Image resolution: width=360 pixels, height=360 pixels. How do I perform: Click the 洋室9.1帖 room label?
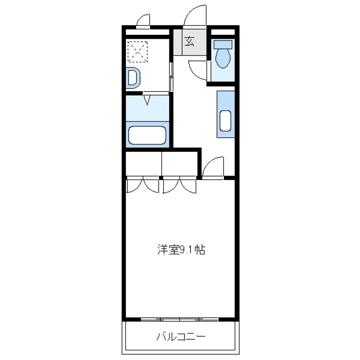pos(181,250)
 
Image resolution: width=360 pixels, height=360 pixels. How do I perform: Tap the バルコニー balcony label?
pos(181,337)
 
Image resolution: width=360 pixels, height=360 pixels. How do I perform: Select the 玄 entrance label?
pos(190,42)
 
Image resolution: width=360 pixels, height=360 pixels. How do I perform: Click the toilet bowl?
pos(223,58)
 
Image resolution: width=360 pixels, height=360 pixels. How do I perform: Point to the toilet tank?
pos(223,44)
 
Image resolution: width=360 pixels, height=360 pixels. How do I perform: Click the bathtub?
pos(147,135)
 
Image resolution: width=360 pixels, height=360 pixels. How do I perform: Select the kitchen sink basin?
pos(226,121)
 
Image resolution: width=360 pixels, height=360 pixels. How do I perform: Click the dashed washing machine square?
pos(138,52)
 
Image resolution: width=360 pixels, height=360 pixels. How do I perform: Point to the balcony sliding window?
pos(179,319)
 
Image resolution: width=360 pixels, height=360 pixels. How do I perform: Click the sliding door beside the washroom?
pos(171,76)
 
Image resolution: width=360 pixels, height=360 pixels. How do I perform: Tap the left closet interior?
pos(143,164)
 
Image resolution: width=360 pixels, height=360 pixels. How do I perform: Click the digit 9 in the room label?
pos(182,250)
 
